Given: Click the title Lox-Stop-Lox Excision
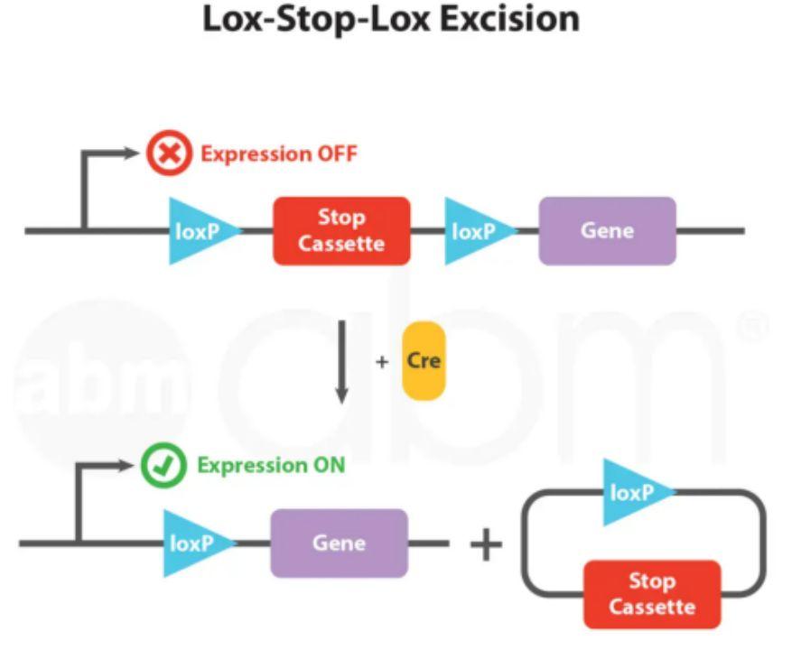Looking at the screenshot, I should [390, 20].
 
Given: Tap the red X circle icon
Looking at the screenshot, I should [169, 153].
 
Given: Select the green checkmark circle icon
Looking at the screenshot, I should [163, 466].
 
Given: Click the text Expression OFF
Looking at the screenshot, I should [278, 153].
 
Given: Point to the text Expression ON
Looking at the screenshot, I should [271, 466].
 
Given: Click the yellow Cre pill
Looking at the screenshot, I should [424, 360].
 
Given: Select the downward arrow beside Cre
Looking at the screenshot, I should [341, 361].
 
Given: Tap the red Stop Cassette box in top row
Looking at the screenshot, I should [341, 231].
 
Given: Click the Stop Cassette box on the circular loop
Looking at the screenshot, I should [652, 594].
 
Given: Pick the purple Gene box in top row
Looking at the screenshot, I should [607, 231].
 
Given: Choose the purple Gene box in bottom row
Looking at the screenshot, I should [339, 543].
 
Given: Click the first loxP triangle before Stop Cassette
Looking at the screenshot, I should [200, 231].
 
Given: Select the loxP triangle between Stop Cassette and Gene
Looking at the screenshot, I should [477, 231].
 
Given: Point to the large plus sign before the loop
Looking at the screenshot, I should [485, 544].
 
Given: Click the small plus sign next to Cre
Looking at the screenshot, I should [382, 361].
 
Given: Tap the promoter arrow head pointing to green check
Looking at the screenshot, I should [126, 466].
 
